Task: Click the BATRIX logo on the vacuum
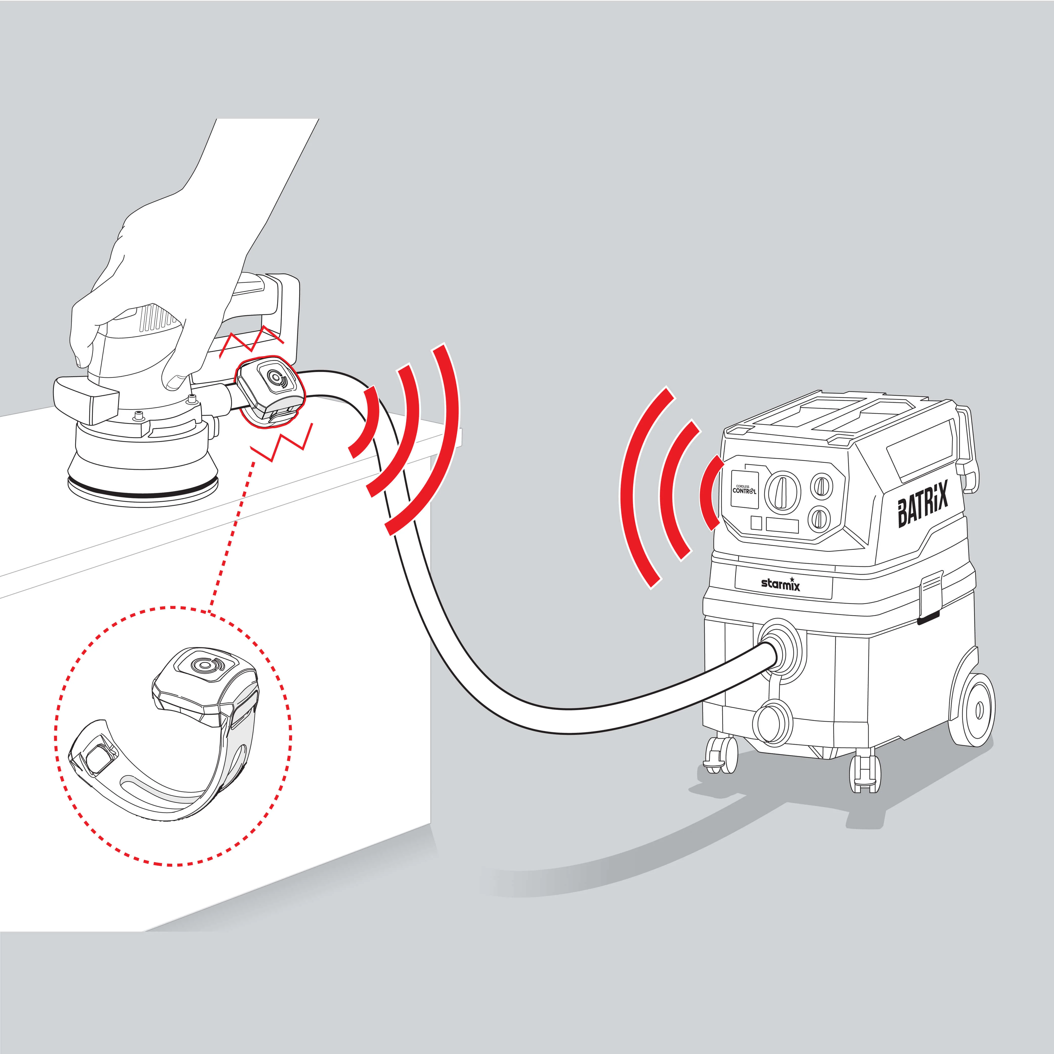(x=923, y=503)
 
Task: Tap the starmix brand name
(x=781, y=584)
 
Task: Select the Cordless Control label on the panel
(x=744, y=489)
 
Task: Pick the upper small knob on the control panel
(x=822, y=485)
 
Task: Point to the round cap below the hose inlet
(x=771, y=721)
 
